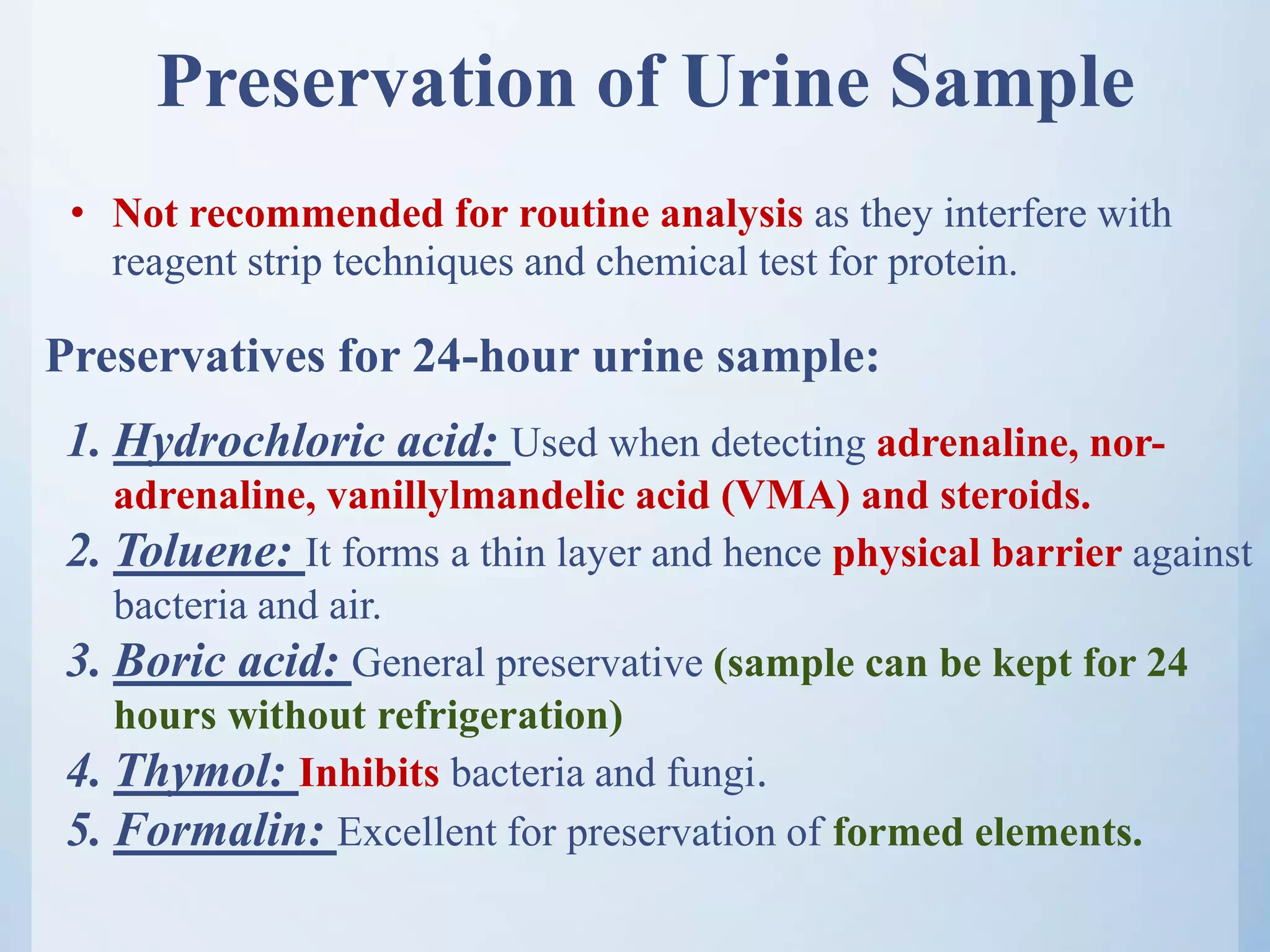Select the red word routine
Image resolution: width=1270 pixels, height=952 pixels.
584,214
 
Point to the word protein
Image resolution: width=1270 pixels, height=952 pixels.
952,262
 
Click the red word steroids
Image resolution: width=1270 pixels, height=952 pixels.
1015,496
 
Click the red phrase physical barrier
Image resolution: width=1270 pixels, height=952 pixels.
977,553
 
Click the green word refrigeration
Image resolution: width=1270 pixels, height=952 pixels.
499,716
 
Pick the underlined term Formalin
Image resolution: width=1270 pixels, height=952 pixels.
220,830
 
